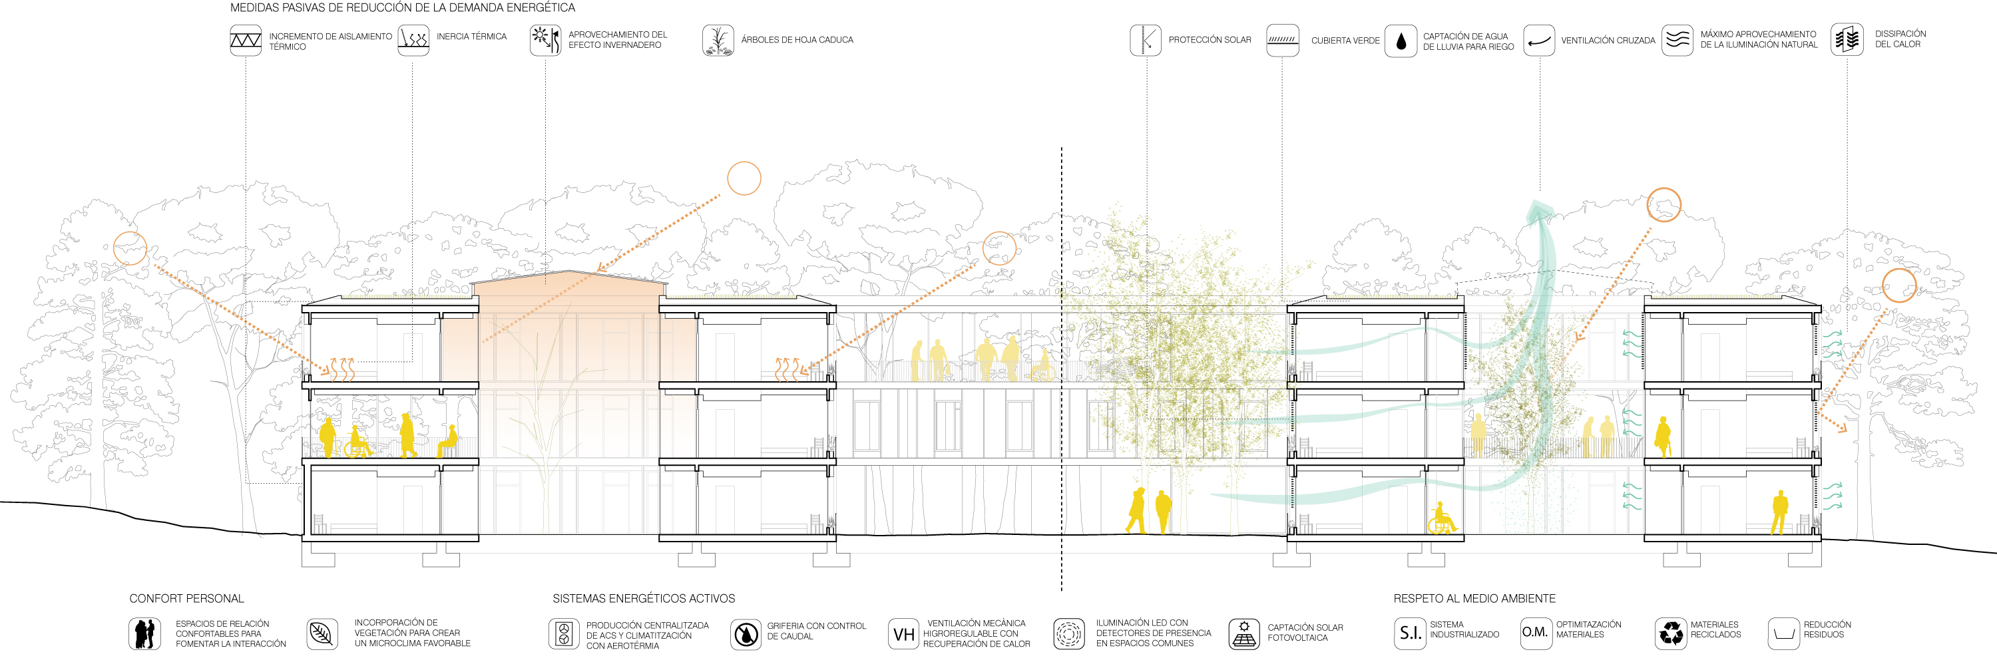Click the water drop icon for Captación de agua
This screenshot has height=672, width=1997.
click(1400, 41)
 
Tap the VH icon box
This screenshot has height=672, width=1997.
click(903, 634)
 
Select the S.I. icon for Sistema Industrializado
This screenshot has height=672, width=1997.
click(1409, 633)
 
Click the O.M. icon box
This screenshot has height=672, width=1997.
click(1536, 633)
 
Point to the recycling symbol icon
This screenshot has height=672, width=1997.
click(1671, 633)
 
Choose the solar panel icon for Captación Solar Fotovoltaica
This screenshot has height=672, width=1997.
click(1243, 633)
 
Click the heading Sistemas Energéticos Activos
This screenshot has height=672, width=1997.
click(644, 598)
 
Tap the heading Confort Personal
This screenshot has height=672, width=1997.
click(186, 598)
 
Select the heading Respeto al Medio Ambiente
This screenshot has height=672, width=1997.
click(1474, 598)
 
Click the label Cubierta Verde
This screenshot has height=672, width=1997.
click(1345, 41)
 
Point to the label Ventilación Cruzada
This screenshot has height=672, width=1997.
click(1607, 41)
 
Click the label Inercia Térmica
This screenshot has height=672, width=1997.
click(471, 37)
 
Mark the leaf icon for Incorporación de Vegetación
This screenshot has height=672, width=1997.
click(322, 633)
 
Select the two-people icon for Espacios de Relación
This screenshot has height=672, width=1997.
click(144, 633)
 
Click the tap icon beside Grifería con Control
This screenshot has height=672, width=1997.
click(746, 634)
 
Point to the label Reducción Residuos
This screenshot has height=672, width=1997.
click(1827, 629)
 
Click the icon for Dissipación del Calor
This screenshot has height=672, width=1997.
click(1847, 39)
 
